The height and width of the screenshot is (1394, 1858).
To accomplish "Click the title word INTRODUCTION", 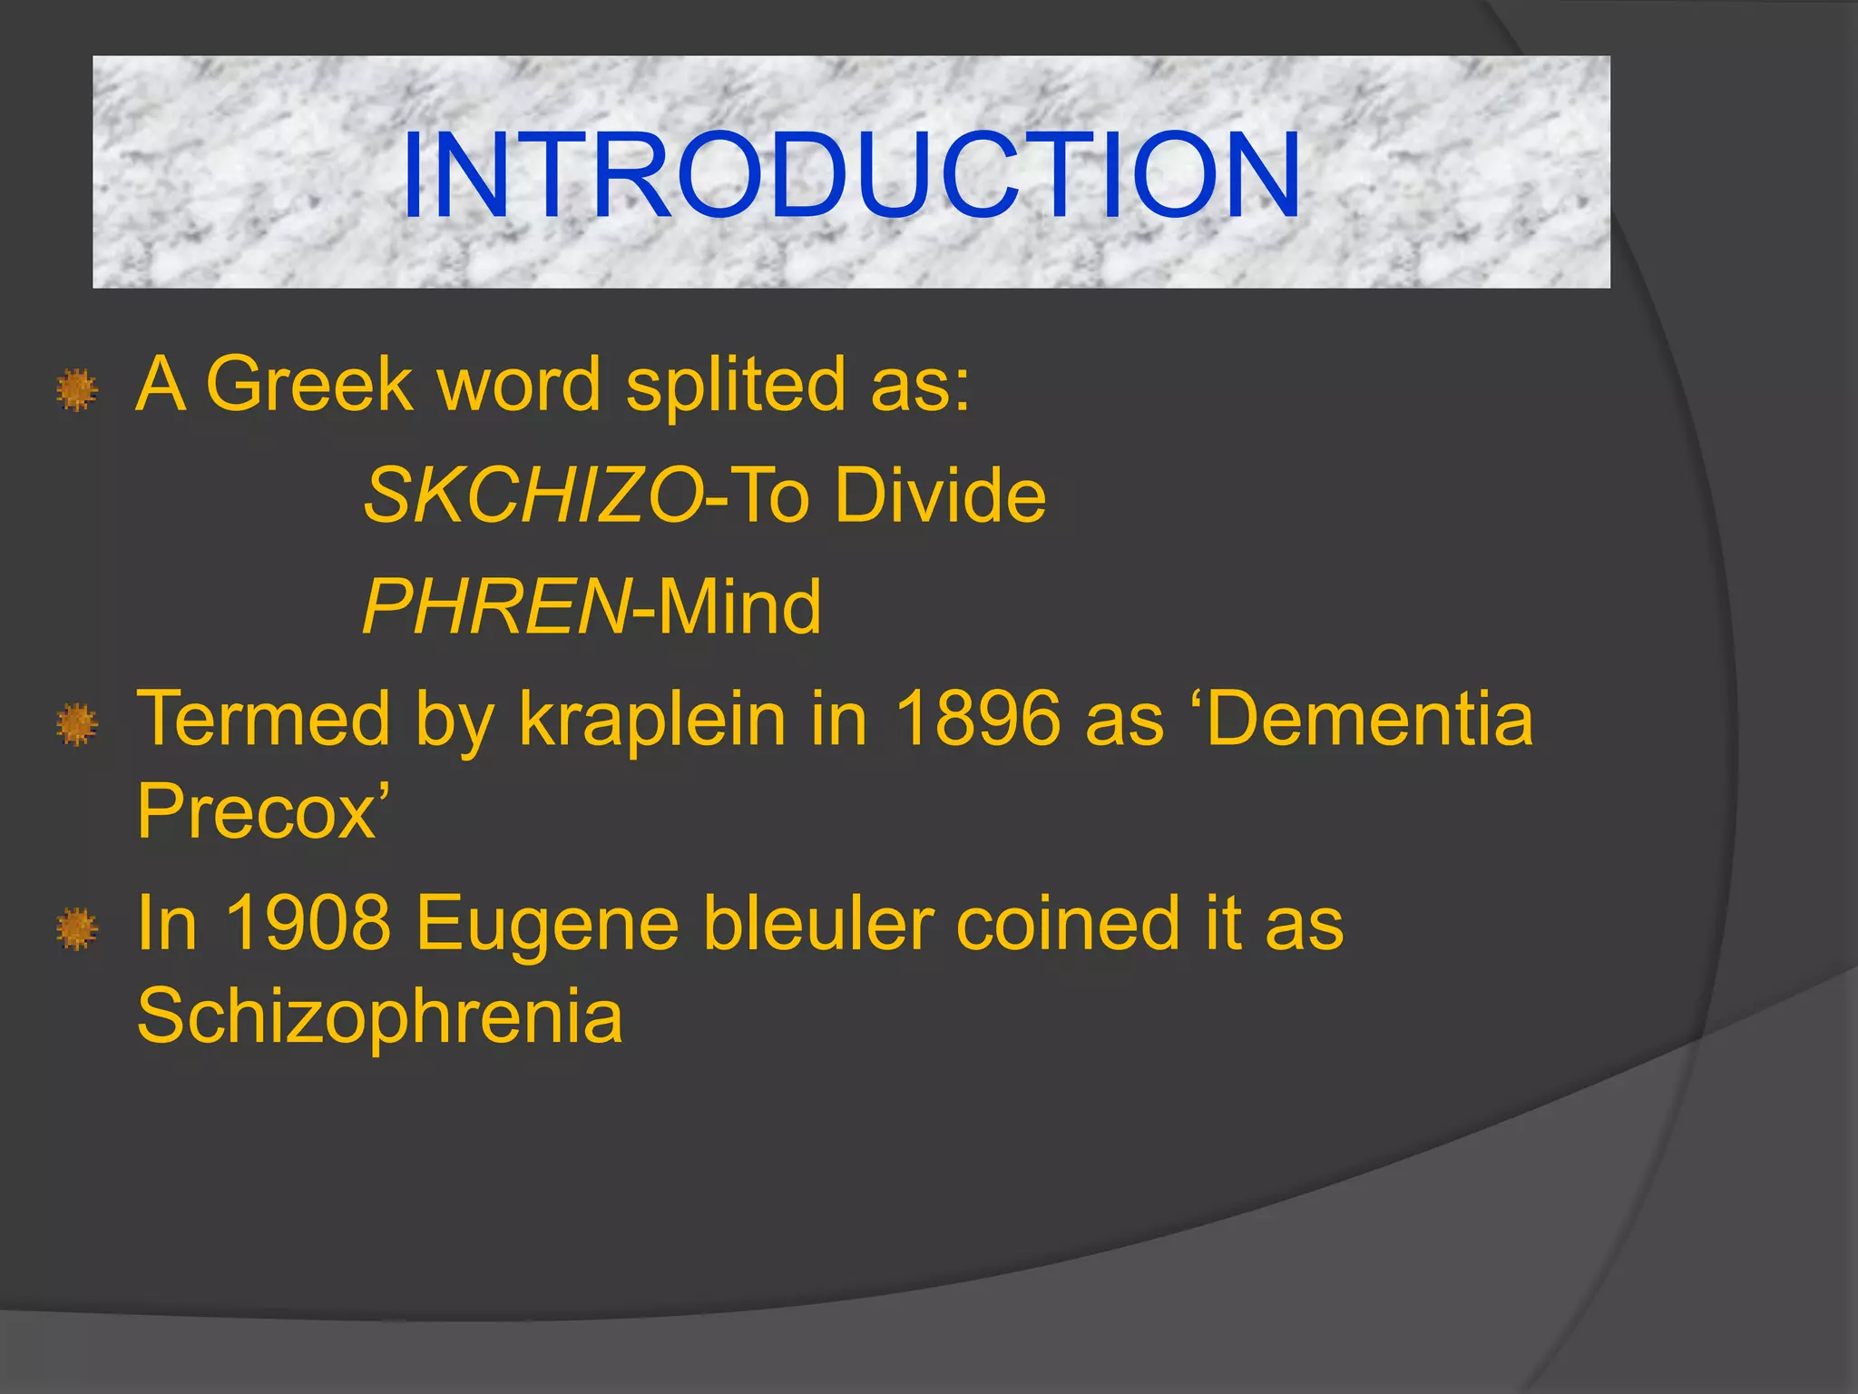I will [851, 175].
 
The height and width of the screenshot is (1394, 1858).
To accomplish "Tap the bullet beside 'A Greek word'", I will [77, 390].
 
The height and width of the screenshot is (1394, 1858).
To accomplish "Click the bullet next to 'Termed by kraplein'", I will [77, 725].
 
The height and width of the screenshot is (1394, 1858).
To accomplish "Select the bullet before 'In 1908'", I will [77, 929].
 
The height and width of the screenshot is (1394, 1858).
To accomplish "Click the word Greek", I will [309, 384].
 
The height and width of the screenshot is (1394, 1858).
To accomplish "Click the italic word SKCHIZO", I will [533, 496].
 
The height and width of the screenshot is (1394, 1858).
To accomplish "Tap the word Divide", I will [940, 496].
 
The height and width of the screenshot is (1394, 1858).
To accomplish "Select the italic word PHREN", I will [495, 607].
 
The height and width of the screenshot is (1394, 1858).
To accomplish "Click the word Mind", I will [738, 607].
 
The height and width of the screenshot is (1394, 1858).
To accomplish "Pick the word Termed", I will [263, 719].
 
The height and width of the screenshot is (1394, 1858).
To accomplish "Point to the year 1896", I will [977, 719].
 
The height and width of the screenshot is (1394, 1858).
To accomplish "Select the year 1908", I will [308, 923].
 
